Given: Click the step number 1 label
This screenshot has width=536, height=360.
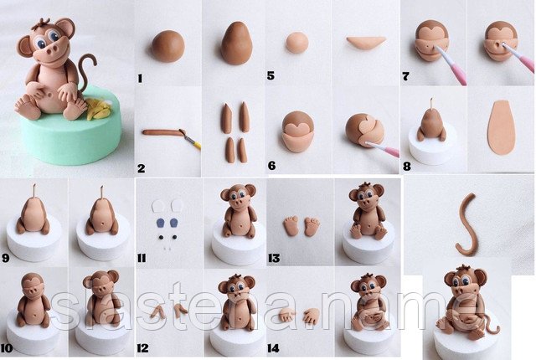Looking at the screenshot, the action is (x=140, y=79).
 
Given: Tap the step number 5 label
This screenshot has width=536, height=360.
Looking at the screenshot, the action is (x=271, y=75).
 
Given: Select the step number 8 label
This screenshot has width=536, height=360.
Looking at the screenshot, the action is (x=407, y=167).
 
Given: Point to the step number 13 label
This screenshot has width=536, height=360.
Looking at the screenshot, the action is (x=274, y=258).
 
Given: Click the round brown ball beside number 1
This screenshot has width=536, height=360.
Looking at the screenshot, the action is (x=167, y=46).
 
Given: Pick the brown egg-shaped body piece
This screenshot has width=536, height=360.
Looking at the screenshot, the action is (x=236, y=44).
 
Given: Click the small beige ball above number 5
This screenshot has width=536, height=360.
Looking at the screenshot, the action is (x=297, y=43).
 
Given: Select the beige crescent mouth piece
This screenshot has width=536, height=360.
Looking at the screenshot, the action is (x=366, y=43).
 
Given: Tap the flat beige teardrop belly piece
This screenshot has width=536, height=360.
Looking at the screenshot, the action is (x=502, y=127).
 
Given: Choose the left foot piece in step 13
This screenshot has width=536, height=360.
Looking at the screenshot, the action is (x=291, y=226).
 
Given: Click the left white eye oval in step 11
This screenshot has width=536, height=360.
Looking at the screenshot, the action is (x=158, y=206).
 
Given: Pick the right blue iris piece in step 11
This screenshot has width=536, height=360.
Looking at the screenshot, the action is (x=174, y=223).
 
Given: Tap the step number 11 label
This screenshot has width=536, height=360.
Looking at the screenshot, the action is (x=142, y=258).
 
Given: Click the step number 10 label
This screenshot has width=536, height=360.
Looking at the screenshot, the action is (x=7, y=348).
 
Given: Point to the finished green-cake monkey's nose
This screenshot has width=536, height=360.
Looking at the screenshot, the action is (x=54, y=51).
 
